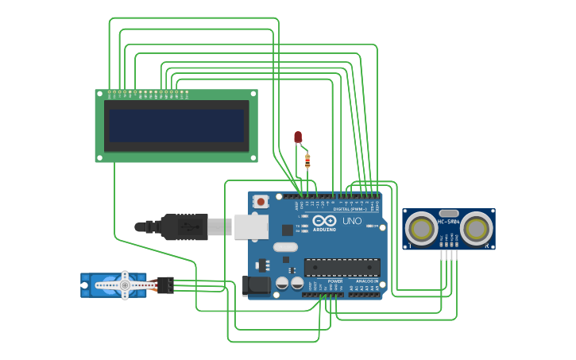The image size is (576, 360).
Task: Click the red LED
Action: pos(298,137)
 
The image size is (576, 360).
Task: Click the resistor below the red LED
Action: pos(307,161)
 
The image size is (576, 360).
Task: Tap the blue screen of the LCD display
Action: pos(176,126)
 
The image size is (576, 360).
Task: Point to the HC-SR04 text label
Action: pos(448,222)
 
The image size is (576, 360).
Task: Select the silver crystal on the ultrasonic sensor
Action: pos(449,213)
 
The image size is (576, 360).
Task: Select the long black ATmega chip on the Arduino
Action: pos(342,268)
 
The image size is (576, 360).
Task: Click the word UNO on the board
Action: pos(351,221)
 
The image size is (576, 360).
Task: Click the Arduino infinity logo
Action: pos(324,220)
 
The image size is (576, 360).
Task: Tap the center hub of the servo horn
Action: pos(124,285)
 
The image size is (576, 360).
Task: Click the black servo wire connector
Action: pos(165,285)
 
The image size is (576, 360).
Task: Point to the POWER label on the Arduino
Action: pos(335,281)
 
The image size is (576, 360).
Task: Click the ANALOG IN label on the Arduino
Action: pos(367,281)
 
